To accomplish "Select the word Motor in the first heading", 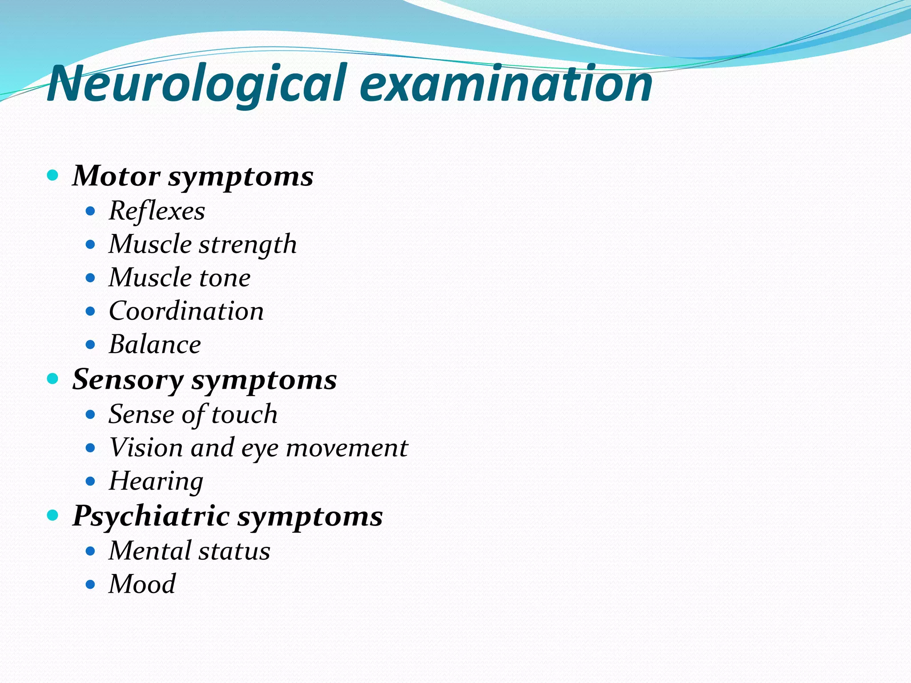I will coord(116,176).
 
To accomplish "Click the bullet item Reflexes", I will coord(157,211).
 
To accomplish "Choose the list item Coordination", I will coord(186,311).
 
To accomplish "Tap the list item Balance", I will coord(155,345).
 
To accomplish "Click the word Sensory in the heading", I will coord(128,380).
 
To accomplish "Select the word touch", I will coord(244,414).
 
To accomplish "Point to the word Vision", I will coord(146,448).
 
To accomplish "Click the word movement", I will coord(347,448).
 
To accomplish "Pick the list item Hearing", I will coord(156,482).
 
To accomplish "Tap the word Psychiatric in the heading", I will coord(151,517).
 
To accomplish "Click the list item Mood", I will coord(142,584).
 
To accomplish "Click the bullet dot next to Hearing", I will coord(90,481).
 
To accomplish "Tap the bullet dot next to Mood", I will coord(90,584).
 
